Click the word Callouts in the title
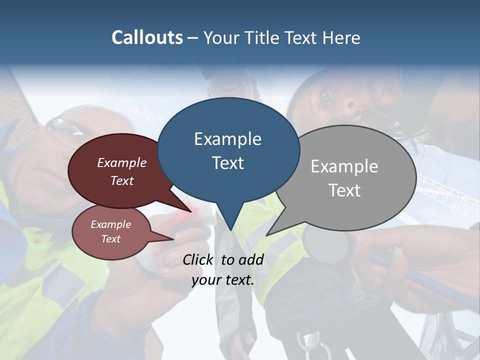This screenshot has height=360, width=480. coord(147,37)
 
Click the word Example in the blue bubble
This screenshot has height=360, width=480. coord(227,139)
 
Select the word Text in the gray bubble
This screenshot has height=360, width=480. coord(344,190)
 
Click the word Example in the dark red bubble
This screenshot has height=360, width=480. coord(121,163)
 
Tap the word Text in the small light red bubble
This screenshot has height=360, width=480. coord(110,239)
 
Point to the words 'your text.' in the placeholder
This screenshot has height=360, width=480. coord(223,280)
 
